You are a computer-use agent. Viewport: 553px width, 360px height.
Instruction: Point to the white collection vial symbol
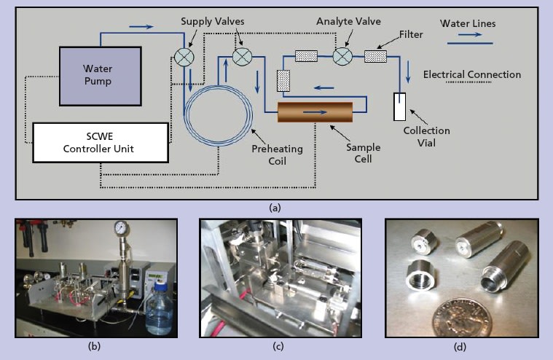[399, 107]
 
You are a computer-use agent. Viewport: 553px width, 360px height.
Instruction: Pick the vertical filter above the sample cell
[284, 81]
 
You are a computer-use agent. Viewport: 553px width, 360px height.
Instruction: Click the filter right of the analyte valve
[375, 56]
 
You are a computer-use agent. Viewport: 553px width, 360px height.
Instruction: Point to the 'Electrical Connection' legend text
[472, 74]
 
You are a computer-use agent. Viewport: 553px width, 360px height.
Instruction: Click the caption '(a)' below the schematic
[275, 207]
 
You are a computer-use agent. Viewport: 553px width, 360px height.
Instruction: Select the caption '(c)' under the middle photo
[278, 347]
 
